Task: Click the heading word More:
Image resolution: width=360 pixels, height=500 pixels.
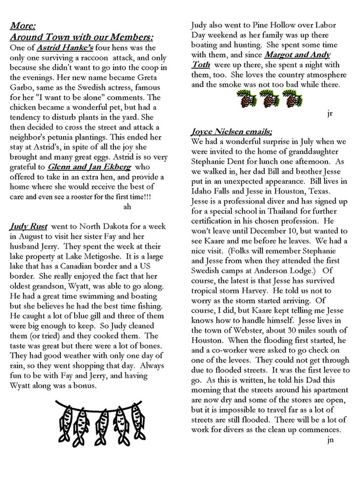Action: [23, 26]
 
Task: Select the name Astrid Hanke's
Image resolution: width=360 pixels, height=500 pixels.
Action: [60, 47]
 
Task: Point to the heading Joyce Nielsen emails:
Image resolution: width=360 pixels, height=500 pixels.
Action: [231, 131]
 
